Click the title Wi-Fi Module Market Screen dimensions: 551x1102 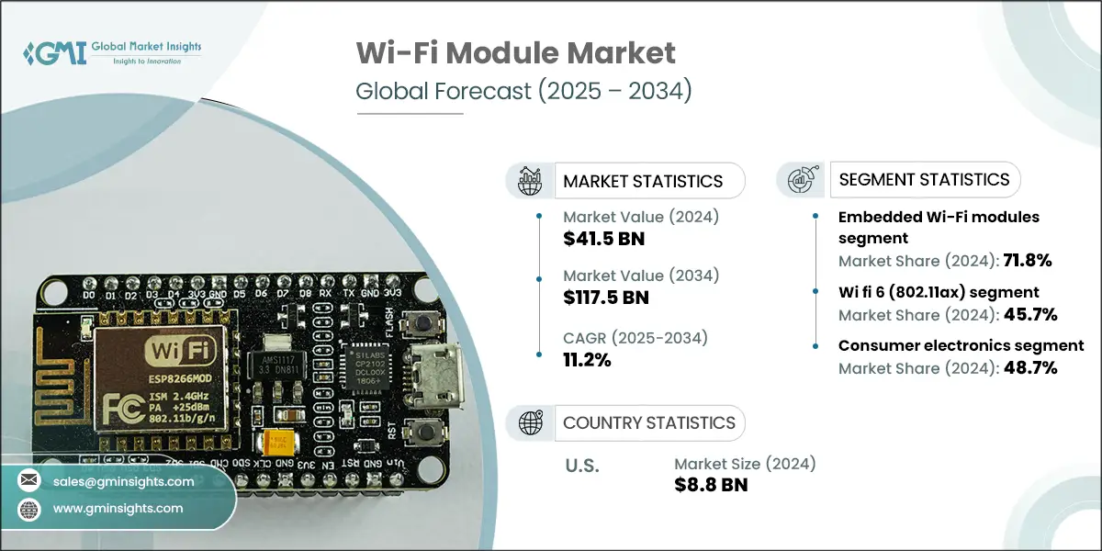(515, 54)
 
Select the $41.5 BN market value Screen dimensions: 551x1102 (604, 240)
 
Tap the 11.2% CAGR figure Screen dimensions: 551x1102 (587, 359)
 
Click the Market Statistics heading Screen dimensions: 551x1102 (642, 181)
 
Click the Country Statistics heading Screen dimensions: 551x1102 (648, 422)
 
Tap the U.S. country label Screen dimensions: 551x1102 (580, 467)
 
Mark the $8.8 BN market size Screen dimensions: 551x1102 (711, 484)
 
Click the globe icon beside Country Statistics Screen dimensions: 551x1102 (532, 422)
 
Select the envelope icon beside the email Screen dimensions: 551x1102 (28, 481)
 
